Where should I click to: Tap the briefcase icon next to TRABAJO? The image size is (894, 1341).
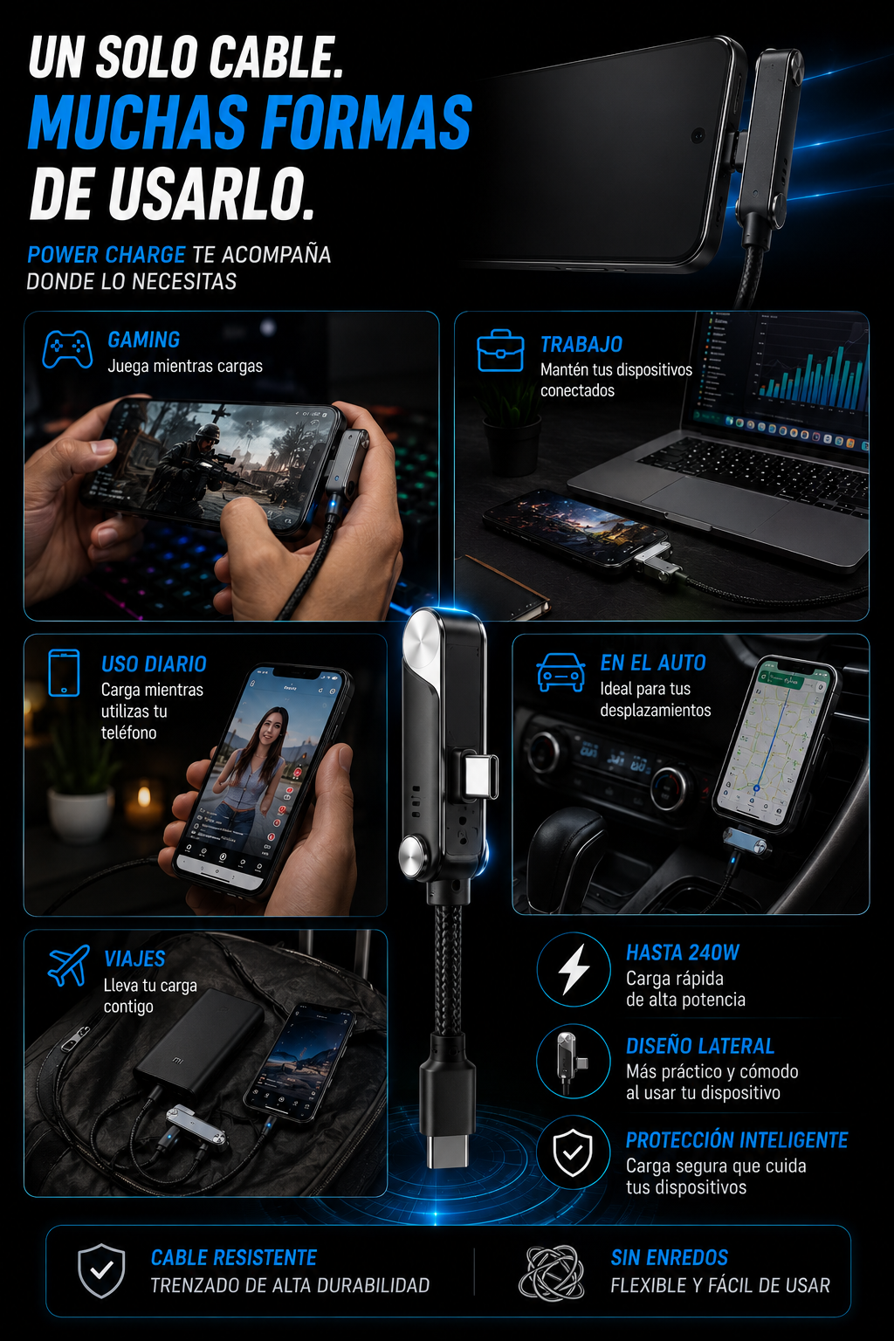(500, 350)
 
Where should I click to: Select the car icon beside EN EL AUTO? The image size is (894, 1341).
(560, 671)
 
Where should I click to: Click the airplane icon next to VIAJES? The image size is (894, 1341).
(68, 965)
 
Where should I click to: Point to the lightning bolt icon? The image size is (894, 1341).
(574, 969)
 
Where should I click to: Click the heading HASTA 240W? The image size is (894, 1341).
(683, 952)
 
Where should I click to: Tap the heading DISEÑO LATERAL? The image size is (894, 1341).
(700, 1046)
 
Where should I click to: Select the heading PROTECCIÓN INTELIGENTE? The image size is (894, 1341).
(737, 1140)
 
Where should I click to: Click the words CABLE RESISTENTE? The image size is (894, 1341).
(233, 1258)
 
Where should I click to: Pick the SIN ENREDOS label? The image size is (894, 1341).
(670, 1258)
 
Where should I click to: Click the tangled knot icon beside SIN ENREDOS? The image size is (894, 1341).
(552, 1272)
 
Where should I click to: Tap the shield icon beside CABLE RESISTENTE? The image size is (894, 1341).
(102, 1270)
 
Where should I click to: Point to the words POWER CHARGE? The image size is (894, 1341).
(106, 255)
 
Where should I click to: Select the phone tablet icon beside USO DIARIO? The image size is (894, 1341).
(64, 673)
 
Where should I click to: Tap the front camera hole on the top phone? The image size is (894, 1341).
(698, 134)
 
